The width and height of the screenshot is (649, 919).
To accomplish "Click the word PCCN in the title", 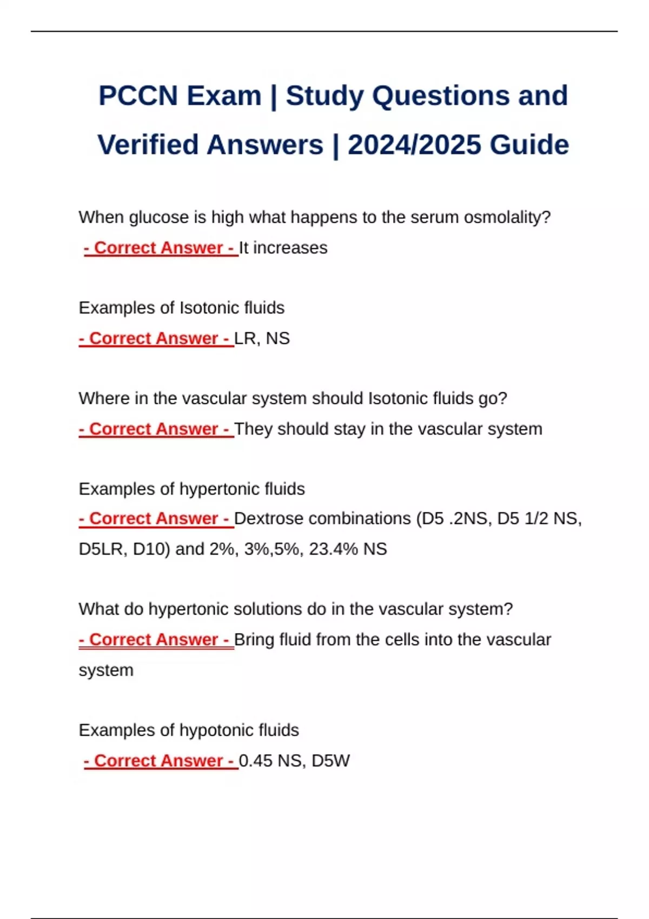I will [138, 96].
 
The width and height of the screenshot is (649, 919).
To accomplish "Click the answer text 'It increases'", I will [283, 248].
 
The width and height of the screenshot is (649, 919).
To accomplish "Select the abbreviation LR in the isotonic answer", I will [245, 338].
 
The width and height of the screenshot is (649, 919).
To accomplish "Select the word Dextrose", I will [269, 518].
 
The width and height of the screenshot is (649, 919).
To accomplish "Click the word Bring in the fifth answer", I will [254, 640].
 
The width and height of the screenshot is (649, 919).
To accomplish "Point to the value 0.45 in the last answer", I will [255, 761].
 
